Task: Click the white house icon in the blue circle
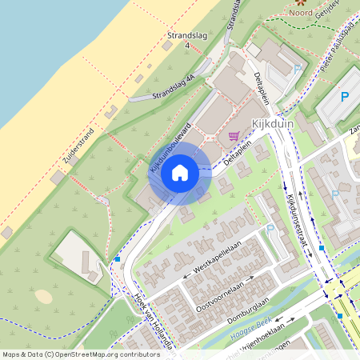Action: [x=180, y=172]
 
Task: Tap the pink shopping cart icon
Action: [x=234, y=136]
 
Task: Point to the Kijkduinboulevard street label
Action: [x=169, y=148]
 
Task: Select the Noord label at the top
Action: [x=302, y=12]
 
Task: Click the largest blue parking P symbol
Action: [x=345, y=97]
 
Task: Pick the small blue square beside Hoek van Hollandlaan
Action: [x=118, y=259]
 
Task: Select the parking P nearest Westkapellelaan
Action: [x=270, y=230]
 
